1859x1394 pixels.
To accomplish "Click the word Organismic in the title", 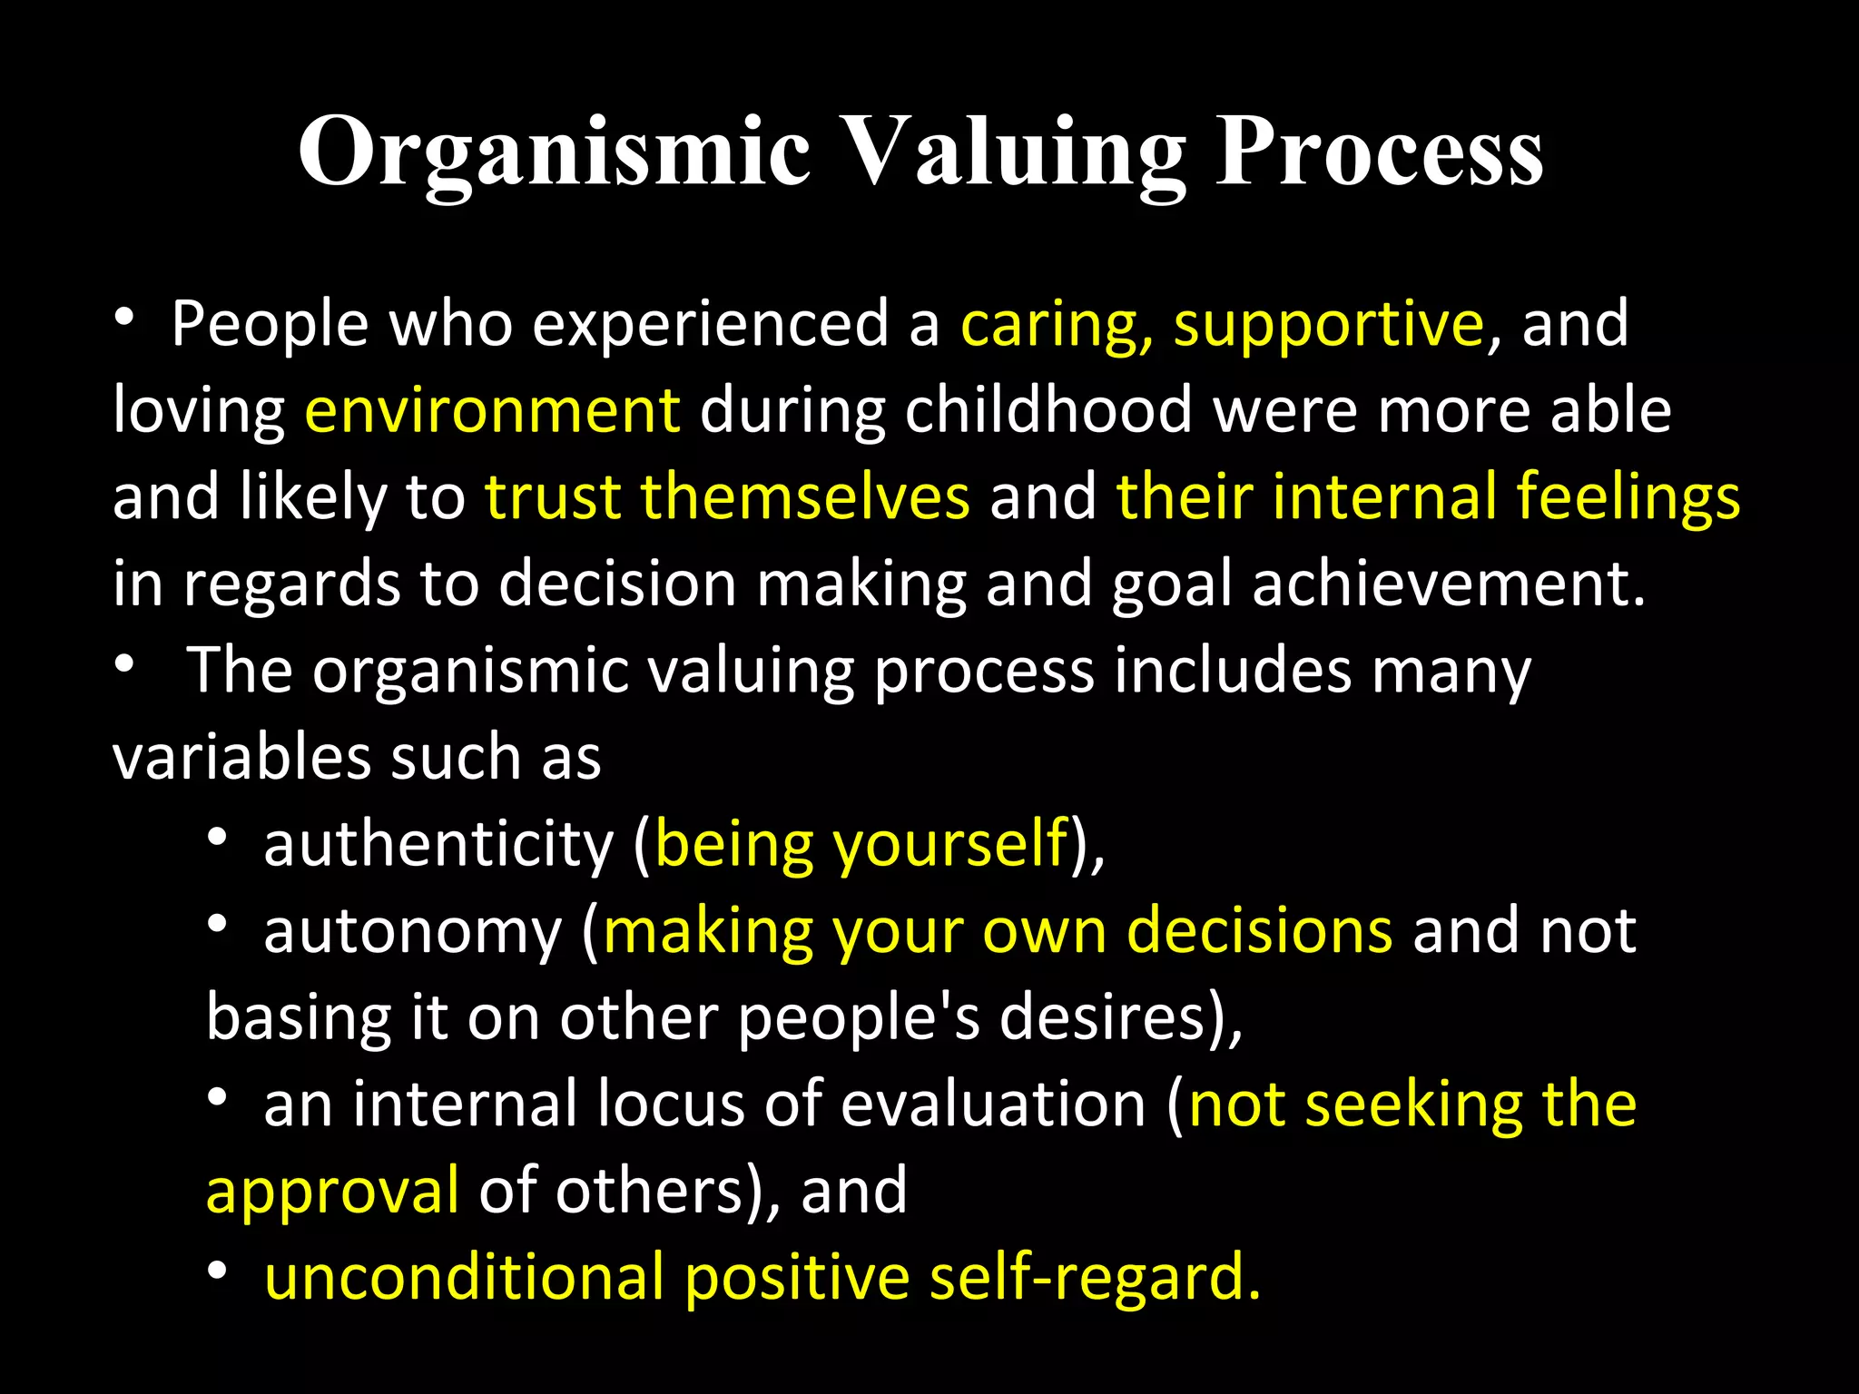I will (x=554, y=152).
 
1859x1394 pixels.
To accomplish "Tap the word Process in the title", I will (x=1379, y=152).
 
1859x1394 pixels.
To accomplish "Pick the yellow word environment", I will (x=492, y=410).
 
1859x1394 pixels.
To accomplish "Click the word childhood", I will (x=1048, y=410).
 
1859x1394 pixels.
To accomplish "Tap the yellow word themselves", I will (x=805, y=496).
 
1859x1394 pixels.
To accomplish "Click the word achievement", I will (x=1449, y=584).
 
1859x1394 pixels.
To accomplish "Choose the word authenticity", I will (x=438, y=844).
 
